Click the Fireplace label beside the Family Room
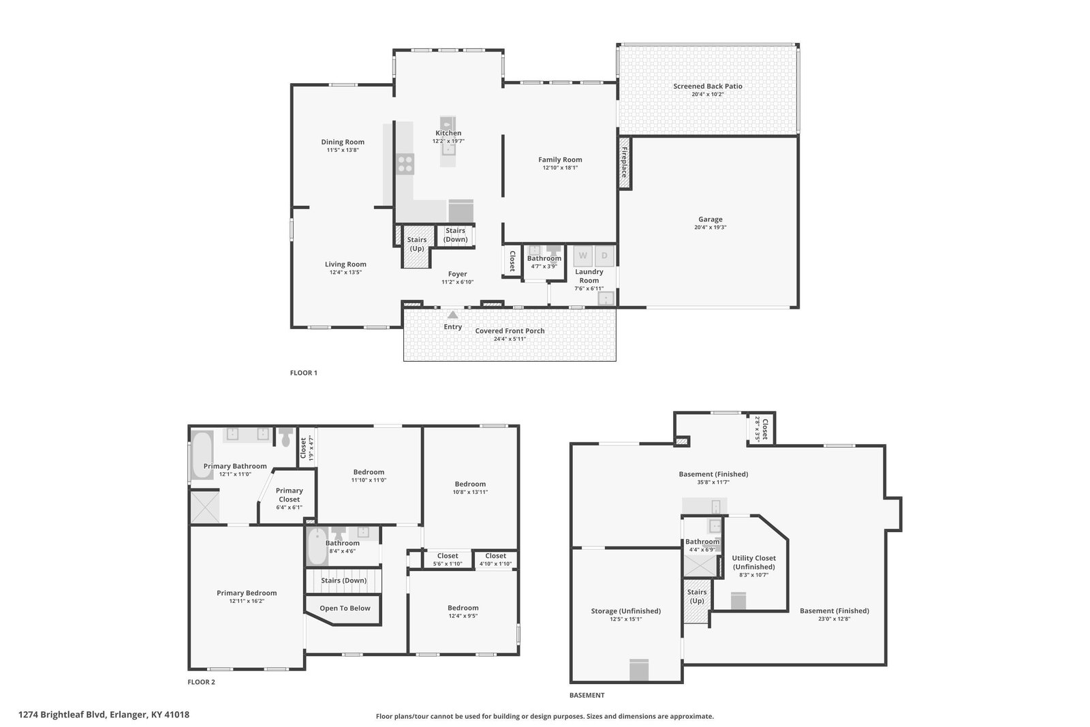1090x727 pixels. [624, 162]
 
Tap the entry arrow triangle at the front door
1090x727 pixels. [452, 314]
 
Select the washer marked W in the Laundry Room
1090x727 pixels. [582, 256]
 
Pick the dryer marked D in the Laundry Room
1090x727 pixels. [604, 256]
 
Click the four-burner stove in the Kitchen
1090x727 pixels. [405, 164]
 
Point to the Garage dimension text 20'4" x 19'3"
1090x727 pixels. [710, 228]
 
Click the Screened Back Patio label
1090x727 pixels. [708, 86]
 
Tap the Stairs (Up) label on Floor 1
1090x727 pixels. [416, 244]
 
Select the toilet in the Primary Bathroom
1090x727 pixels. [285, 437]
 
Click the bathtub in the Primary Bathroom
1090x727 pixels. [202, 454]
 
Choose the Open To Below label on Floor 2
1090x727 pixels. [345, 608]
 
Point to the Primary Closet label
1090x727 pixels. [289, 495]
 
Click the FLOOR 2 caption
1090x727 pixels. [201, 682]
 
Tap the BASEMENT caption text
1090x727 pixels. [587, 695]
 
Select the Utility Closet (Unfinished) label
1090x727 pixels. [753, 563]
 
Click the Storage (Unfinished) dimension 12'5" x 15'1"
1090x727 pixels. [626, 619]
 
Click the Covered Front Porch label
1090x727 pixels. [510, 331]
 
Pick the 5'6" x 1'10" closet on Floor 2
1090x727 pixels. [448, 559]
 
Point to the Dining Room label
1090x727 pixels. [343, 142]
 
